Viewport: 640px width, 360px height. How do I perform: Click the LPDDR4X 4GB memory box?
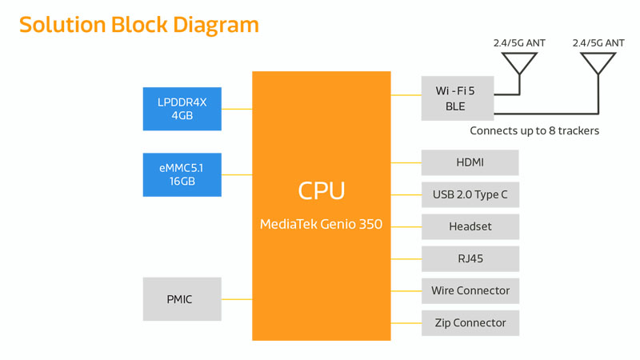pos(182,109)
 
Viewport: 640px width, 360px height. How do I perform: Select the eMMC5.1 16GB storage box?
pos(182,174)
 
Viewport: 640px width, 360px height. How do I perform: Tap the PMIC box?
pos(182,299)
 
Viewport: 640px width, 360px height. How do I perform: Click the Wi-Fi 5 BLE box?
pos(457,98)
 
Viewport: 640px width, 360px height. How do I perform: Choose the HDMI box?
pos(470,162)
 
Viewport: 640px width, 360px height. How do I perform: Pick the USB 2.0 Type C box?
pos(470,194)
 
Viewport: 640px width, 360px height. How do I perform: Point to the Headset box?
pos(470,226)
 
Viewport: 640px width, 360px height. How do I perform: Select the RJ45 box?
pos(470,258)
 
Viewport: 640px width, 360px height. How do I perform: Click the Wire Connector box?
pos(470,290)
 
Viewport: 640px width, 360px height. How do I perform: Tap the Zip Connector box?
pos(470,322)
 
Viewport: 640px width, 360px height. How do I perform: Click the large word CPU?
pos(321,190)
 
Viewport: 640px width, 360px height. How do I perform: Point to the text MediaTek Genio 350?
pos(321,225)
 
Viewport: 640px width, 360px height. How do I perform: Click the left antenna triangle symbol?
pos(519,63)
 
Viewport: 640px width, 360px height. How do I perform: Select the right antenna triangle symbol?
pos(598,63)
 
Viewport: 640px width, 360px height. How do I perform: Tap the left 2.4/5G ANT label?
pos(519,43)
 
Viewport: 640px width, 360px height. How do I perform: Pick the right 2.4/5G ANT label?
pos(598,43)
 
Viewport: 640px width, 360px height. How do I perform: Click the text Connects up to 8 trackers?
pos(534,130)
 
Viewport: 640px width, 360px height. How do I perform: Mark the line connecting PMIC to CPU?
pos(237,299)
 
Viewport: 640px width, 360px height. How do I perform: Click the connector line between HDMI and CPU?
pos(406,162)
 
